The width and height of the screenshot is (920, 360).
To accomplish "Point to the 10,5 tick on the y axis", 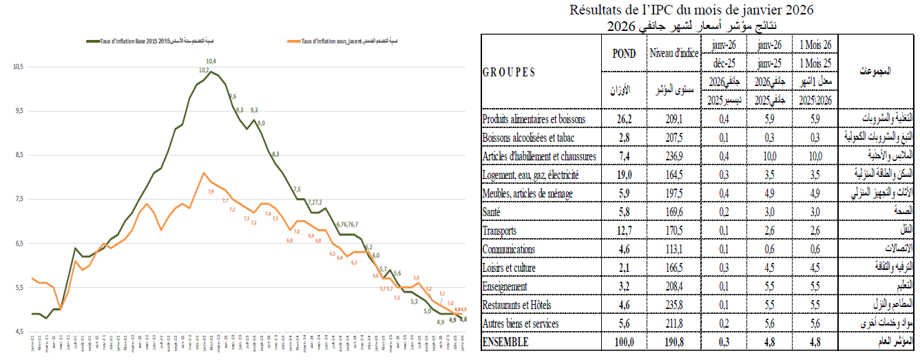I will tap(19, 67).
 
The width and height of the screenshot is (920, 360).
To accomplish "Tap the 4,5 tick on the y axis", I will tap(19, 332).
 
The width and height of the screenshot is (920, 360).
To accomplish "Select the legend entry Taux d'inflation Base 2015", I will tap(130, 43).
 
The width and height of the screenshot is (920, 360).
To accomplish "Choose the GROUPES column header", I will tap(510, 72).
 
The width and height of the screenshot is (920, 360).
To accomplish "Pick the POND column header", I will tap(624, 54).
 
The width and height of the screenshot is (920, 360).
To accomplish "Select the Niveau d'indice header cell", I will tap(673, 54).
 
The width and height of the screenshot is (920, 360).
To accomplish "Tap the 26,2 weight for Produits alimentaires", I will tap(624, 119).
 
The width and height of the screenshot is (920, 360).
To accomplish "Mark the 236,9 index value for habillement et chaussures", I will tap(673, 156).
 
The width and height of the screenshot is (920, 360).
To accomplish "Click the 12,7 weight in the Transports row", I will tap(624, 231).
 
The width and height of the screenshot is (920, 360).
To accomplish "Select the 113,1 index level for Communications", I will tap(673, 249).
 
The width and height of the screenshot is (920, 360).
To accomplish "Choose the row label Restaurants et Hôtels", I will tap(527, 305).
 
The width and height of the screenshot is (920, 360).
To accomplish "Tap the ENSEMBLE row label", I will tap(506, 342).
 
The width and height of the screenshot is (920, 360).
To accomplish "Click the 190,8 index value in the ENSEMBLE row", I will tap(673, 342).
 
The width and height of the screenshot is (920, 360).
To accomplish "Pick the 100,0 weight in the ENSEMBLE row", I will tap(624, 342).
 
